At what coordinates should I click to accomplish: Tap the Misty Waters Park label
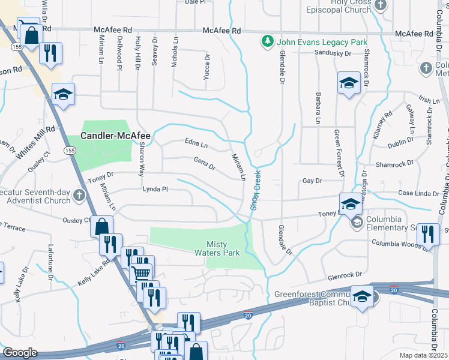(223, 248)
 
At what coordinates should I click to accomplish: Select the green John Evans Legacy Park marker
(265, 41)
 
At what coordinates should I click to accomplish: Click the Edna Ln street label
(196, 145)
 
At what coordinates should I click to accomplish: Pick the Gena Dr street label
(204, 163)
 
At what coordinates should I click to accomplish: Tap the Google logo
(20, 353)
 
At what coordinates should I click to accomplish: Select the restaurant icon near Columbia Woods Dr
(427, 234)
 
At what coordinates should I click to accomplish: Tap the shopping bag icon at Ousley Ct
(101, 227)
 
